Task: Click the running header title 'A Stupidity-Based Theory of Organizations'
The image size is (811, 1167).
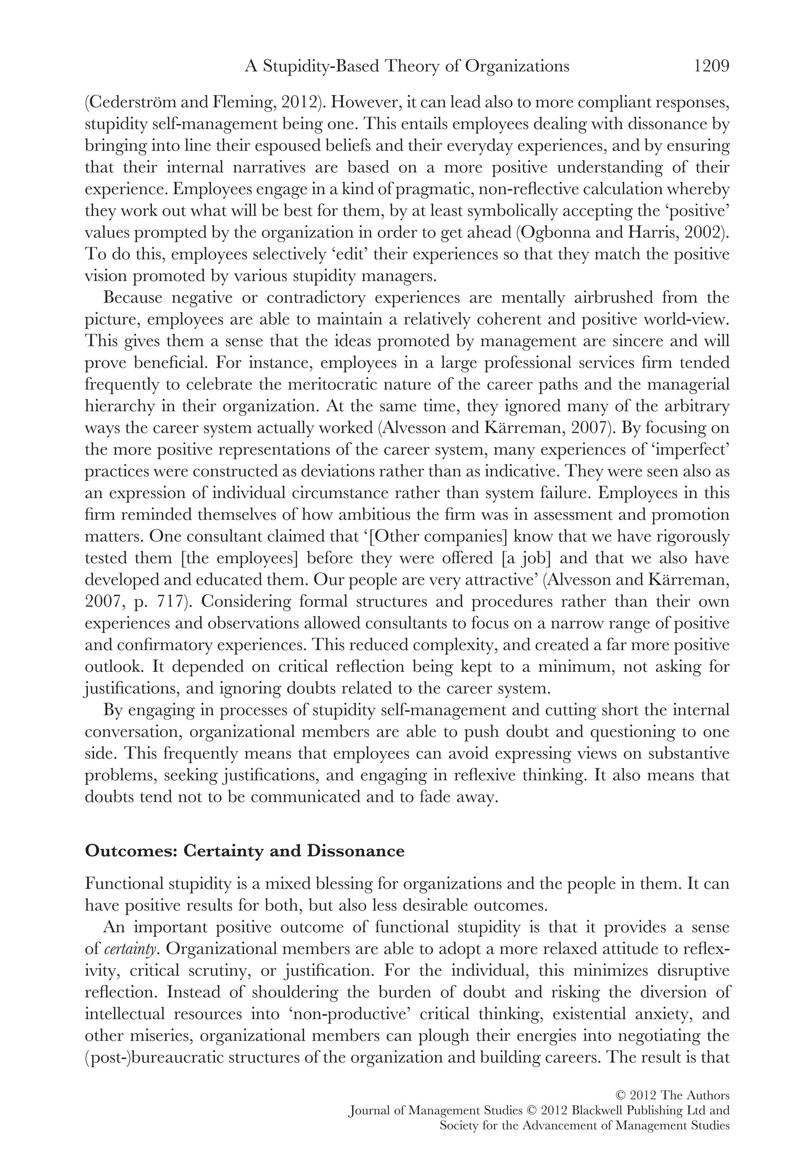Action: point(407,66)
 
